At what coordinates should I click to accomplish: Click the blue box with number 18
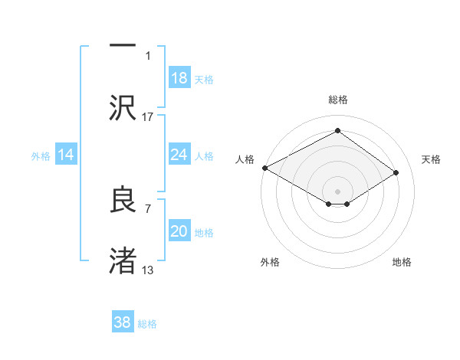point(179,78)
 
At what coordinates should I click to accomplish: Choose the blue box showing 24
point(179,155)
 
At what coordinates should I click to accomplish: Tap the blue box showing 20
point(179,232)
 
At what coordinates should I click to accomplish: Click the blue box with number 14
point(66,155)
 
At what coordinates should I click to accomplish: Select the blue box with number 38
point(123,322)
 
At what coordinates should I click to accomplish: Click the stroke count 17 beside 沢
point(148,116)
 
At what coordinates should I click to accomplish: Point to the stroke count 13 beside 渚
point(148,270)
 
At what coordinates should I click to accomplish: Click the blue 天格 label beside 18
point(204,80)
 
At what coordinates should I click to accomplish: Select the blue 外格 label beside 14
point(41,156)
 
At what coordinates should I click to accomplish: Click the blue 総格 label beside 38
point(147,324)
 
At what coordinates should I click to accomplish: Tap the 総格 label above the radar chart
point(337,100)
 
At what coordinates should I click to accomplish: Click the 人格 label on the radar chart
point(245,159)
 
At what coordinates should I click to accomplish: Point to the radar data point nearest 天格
point(396,173)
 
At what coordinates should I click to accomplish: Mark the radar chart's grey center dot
point(337,191)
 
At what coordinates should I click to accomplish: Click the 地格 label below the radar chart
point(402,263)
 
